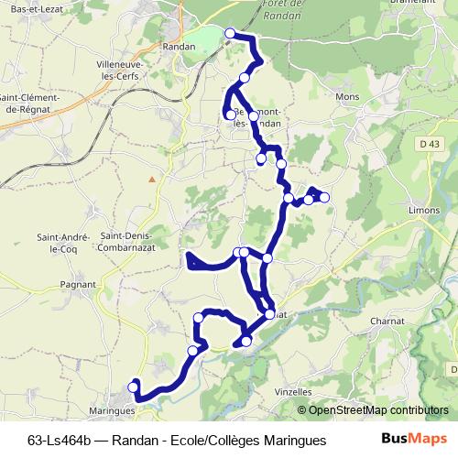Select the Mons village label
tap(348, 96)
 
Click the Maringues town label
tap(113, 411)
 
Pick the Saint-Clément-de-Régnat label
tap(30, 104)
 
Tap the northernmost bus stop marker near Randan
tap(229, 34)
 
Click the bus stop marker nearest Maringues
tap(134, 387)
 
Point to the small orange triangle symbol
tap(152, 179)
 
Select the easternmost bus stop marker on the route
tap(324, 197)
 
